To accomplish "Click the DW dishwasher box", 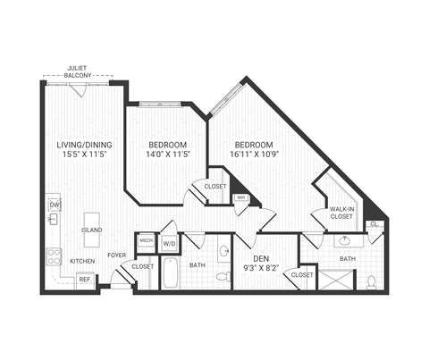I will [x=54, y=205].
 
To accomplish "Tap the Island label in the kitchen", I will [x=91, y=230].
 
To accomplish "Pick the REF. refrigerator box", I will [x=86, y=280].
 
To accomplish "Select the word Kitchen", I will [x=83, y=261].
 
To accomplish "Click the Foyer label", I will [x=117, y=255].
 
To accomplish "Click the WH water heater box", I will [x=240, y=198].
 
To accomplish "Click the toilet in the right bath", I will [x=370, y=281].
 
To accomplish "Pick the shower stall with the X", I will [x=335, y=280].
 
